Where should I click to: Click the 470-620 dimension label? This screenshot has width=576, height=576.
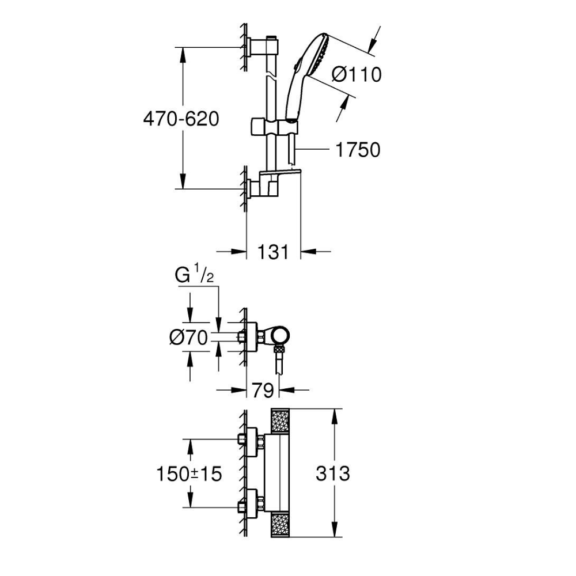coord(181,119)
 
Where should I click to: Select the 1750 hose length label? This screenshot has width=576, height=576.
coord(358,150)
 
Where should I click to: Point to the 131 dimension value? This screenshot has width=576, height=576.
coord(273,252)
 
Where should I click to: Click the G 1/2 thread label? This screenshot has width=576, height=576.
coord(195,276)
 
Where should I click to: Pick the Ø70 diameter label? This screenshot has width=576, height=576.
coord(188,339)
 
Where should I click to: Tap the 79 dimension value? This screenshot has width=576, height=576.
coord(263,391)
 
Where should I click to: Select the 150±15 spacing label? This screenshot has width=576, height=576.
coord(189,474)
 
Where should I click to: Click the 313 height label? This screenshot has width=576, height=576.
coord(332,473)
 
